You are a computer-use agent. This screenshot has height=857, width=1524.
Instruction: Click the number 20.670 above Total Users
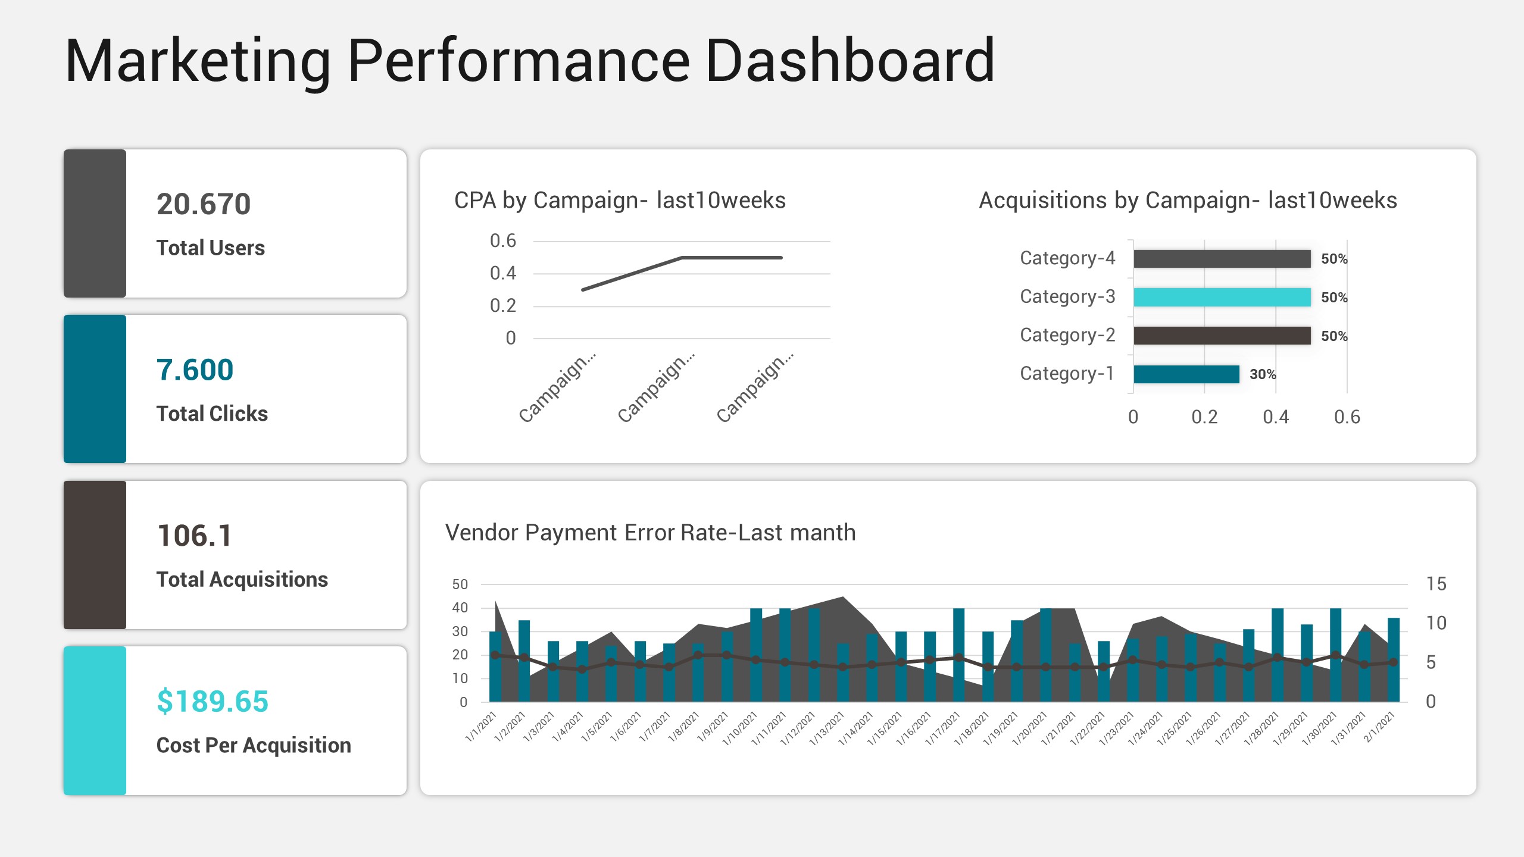coord(203,204)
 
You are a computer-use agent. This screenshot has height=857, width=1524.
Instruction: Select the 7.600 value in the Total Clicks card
coord(195,370)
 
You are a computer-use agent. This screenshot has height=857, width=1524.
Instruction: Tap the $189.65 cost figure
coord(212,702)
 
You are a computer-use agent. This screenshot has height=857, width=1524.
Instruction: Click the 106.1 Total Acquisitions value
coord(194,536)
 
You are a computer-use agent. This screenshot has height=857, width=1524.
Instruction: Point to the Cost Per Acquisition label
coord(254,745)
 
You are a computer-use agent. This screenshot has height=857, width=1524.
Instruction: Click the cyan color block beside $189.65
coord(95,721)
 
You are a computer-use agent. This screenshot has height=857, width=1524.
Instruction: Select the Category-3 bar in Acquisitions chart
coord(1222,297)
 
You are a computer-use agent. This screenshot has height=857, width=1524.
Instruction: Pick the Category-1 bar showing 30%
coord(1186,374)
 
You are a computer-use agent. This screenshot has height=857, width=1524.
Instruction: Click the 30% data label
coord(1263,374)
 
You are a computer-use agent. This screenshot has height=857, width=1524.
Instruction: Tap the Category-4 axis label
coord(1067,258)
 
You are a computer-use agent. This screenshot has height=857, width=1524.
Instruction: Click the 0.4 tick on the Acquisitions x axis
coord(1275,417)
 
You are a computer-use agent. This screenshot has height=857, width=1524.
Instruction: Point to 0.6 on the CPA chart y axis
coord(502,241)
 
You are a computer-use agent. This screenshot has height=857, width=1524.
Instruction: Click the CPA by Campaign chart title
coord(620,201)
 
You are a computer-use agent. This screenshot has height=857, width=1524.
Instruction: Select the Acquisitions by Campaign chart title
coord(1188,201)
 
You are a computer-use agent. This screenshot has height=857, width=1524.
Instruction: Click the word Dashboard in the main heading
coord(850,61)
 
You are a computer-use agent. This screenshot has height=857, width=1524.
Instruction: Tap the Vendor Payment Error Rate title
coord(650,533)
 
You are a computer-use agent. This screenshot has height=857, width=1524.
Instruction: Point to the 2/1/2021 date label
coord(1379,727)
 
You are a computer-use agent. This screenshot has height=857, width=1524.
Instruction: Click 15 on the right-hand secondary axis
coord(1436,584)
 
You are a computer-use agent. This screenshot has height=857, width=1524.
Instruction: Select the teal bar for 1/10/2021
coord(756,655)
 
